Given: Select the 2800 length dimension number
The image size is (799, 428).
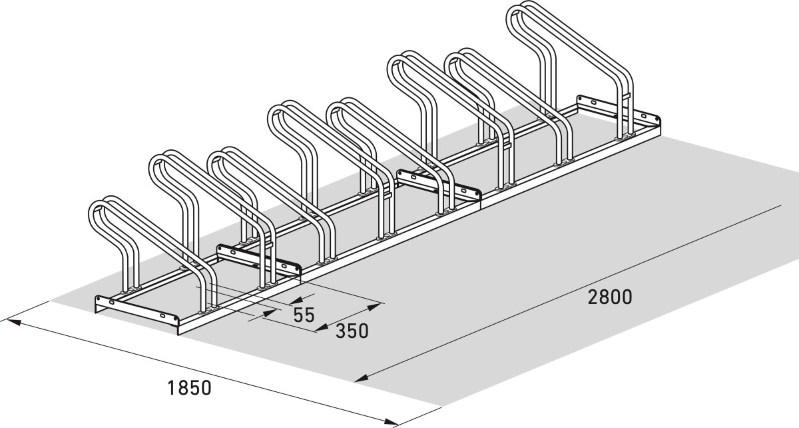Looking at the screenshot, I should [x=609, y=297].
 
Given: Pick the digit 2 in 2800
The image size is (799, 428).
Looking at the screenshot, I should [x=593, y=297].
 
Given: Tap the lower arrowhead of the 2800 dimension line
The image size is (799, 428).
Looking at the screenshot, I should [x=360, y=380].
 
